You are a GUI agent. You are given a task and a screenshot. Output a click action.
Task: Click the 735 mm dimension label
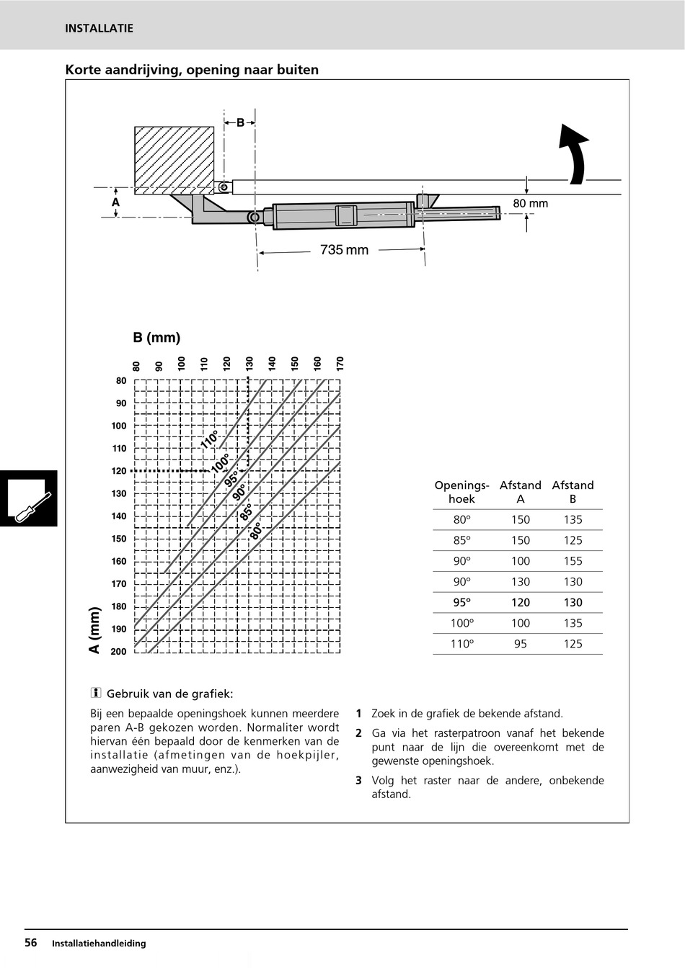coord(344,250)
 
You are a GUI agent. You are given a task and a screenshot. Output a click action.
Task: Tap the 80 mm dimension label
coord(530,204)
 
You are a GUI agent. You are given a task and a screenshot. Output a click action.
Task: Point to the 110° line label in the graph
coord(210,439)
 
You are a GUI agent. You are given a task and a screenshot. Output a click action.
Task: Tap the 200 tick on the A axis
coord(118,652)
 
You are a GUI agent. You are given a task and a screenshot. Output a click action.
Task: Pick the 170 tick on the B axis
coord(340,364)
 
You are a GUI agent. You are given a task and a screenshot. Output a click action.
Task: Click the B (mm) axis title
coord(156,338)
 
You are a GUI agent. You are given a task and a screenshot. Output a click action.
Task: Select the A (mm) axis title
coord(94,630)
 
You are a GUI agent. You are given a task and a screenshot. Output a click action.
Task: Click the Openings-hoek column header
coord(461,492)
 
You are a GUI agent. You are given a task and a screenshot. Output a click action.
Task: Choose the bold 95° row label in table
coord(461,603)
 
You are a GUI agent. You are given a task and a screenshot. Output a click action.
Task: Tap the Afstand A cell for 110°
coord(521,644)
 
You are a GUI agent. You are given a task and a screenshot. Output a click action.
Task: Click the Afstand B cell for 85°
coord(573,540)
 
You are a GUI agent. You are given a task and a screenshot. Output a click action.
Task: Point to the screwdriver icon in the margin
coord(29,498)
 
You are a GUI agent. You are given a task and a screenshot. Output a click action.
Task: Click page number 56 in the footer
coord(31,943)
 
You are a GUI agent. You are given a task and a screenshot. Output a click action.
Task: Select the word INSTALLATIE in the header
coord(99,29)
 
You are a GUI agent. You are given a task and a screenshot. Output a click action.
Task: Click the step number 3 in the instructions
coord(358,780)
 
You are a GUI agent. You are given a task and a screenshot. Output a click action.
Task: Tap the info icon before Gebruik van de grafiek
coord(95,694)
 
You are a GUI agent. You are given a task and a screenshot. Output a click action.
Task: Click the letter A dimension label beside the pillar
coord(115,203)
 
